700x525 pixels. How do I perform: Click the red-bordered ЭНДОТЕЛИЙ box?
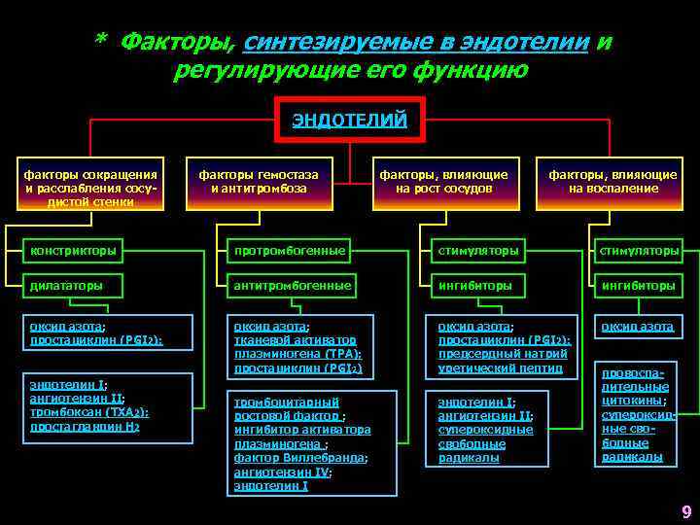click(350, 122)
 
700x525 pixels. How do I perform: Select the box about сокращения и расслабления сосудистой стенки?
click(89, 182)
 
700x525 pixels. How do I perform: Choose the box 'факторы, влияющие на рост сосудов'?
click(442, 182)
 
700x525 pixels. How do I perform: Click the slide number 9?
click(686, 511)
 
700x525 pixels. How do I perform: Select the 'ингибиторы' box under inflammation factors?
click(639, 286)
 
